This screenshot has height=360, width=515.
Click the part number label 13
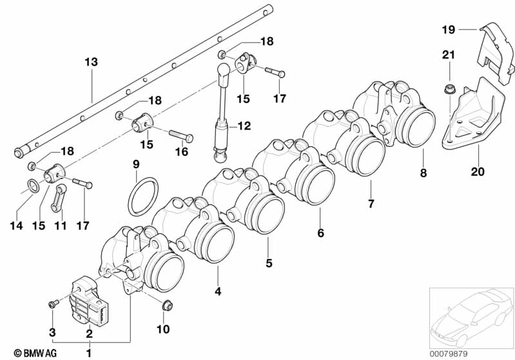tap(92, 62)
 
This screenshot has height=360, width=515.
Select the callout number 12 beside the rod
tap(244, 126)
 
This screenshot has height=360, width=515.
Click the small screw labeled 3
tap(53, 304)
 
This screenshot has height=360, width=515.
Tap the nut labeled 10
tap(167, 305)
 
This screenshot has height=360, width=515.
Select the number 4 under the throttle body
tap(218, 291)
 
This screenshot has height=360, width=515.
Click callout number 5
tap(269, 263)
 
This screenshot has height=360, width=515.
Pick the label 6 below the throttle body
tap(320, 232)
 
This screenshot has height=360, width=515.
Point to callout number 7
tap(371, 204)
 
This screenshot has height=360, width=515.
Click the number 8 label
tap(423, 173)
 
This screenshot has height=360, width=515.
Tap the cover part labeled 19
tap(495, 53)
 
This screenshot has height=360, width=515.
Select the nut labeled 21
tap(449, 89)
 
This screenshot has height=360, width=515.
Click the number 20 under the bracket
tap(478, 171)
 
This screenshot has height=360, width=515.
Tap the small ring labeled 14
tap(32, 185)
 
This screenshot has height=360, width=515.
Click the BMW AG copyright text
tap(35, 353)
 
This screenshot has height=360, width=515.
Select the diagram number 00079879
tap(449, 354)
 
